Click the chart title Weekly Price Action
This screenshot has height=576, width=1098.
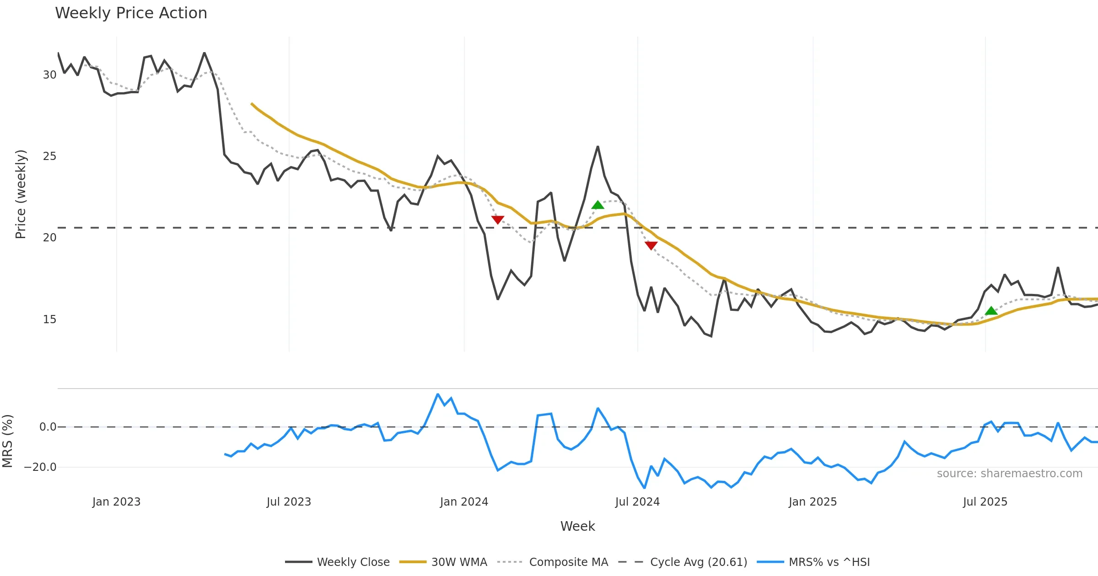point(131,13)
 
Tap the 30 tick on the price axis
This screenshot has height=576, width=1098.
point(49,75)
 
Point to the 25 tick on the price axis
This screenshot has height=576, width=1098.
point(49,156)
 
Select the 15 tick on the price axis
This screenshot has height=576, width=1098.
point(49,320)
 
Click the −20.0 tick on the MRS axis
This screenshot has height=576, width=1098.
point(40,467)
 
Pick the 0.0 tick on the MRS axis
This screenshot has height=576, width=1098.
point(48,427)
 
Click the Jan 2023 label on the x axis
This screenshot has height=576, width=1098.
point(116,502)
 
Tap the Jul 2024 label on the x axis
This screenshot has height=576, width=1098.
point(637,502)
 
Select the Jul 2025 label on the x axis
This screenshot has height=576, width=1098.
point(985,502)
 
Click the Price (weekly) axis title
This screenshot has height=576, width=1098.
point(21,194)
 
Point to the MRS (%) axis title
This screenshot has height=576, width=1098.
point(7,441)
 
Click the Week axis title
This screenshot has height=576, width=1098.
point(577,527)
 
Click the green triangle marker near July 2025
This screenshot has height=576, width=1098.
point(991,311)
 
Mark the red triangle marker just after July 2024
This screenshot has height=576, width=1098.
point(651,245)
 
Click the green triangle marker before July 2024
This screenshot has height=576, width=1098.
point(597,205)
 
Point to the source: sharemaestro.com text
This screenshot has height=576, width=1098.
point(1009,474)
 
